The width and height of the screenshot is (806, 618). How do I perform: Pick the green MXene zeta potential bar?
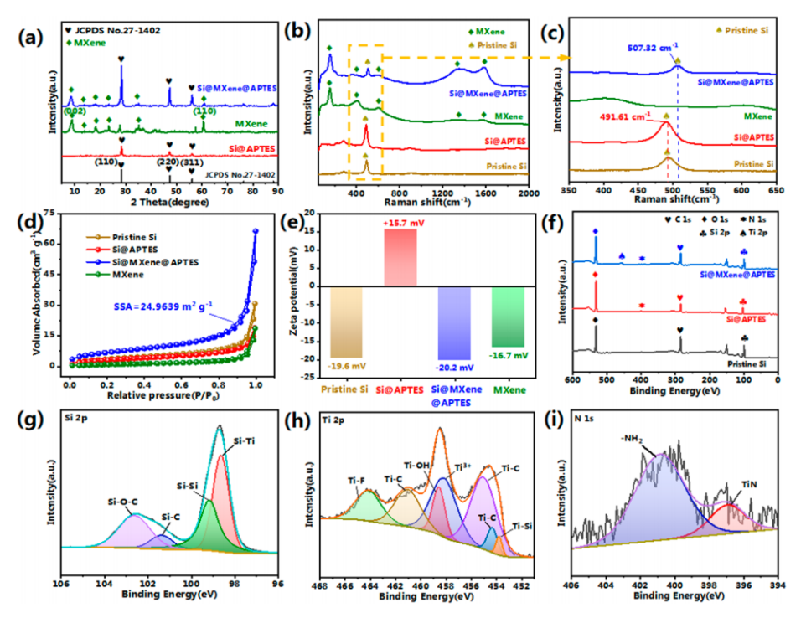pyautogui.click(x=508, y=316)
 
